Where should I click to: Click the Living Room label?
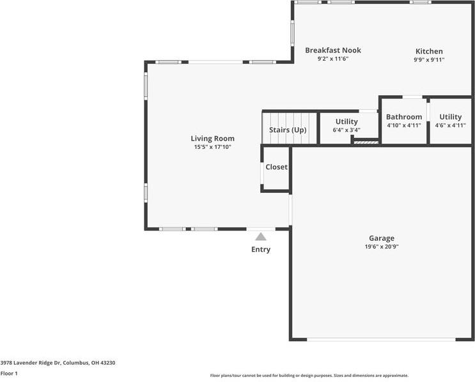pyautogui.click(x=212, y=138)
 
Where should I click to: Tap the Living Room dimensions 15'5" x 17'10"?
pyautogui.click(x=212, y=147)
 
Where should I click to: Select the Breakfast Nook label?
pyautogui.click(x=332, y=50)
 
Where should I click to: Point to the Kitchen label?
pyautogui.click(x=429, y=51)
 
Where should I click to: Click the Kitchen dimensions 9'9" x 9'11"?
pyautogui.click(x=429, y=59)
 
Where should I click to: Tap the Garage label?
pyautogui.click(x=381, y=238)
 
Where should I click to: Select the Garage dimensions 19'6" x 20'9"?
pyautogui.click(x=381, y=247)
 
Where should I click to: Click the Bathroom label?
pyautogui.click(x=404, y=117)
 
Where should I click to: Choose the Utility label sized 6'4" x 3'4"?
pyautogui.click(x=347, y=121)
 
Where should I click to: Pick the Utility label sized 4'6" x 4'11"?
pyautogui.click(x=450, y=117)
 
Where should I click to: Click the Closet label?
pyautogui.click(x=276, y=167)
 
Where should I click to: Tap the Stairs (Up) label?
pyautogui.click(x=288, y=130)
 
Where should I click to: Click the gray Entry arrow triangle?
pyautogui.click(x=260, y=236)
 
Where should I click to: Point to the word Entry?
pyautogui.click(x=260, y=249)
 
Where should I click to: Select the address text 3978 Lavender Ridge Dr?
pyautogui.click(x=31, y=362)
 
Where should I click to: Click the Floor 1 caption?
pyautogui.click(x=9, y=373)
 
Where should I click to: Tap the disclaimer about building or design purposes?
pyautogui.click(x=309, y=376)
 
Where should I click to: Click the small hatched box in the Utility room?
pyautogui.click(x=362, y=142)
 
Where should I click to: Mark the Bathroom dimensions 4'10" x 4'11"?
pyautogui.click(x=404, y=125)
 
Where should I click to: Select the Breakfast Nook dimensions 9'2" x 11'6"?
pyautogui.click(x=332, y=59)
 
